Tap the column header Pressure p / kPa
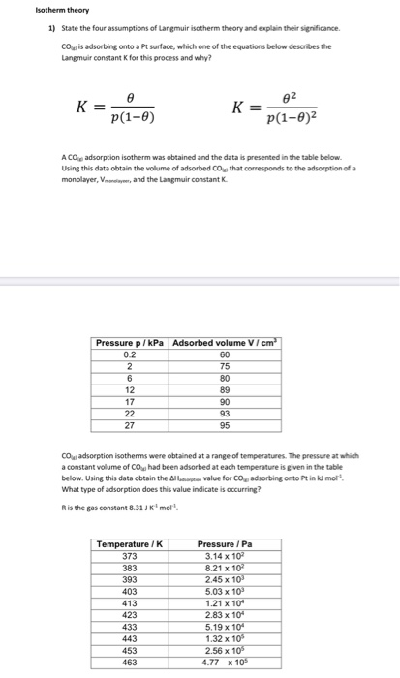click(130, 343)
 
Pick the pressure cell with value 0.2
click(130, 354)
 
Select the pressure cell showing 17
click(130, 400)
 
